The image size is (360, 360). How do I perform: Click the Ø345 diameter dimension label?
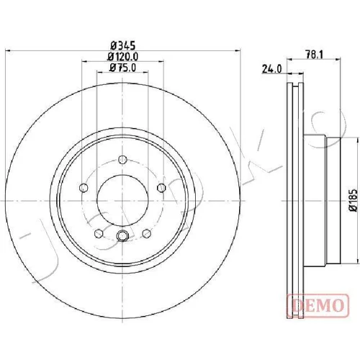click(123, 45)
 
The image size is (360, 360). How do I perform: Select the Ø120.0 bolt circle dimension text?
click(123, 57)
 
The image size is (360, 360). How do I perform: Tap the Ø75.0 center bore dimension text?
click(123, 68)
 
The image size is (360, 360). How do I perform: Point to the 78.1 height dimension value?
click(314, 55)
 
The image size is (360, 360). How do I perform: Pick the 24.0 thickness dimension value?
click(271, 69)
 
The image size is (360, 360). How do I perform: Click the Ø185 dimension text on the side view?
click(354, 200)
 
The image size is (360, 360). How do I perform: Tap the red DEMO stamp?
click(318, 305)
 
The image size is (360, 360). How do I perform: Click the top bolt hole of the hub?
click(122, 159)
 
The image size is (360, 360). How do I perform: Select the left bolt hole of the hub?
click(84, 187)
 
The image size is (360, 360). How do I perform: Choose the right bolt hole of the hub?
click(161, 187)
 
